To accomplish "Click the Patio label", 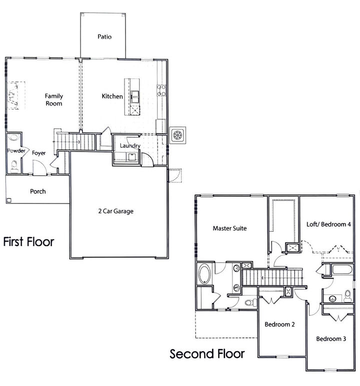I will (x=104, y=36).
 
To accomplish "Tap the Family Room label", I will (x=53, y=99).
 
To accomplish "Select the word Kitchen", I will (x=112, y=96).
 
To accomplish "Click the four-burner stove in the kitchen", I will (x=161, y=90).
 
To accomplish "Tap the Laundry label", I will (x=129, y=145).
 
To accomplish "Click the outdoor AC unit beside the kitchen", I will (x=177, y=135).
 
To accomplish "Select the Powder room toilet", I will (x=14, y=166).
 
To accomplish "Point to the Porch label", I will (x=38, y=191).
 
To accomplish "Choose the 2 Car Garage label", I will (x=115, y=211).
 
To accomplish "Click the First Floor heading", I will (x=28, y=242).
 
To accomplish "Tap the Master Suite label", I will (x=230, y=228).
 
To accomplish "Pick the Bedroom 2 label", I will (x=279, y=324).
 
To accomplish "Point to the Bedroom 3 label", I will (x=331, y=338).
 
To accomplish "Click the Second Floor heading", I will (x=207, y=354).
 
